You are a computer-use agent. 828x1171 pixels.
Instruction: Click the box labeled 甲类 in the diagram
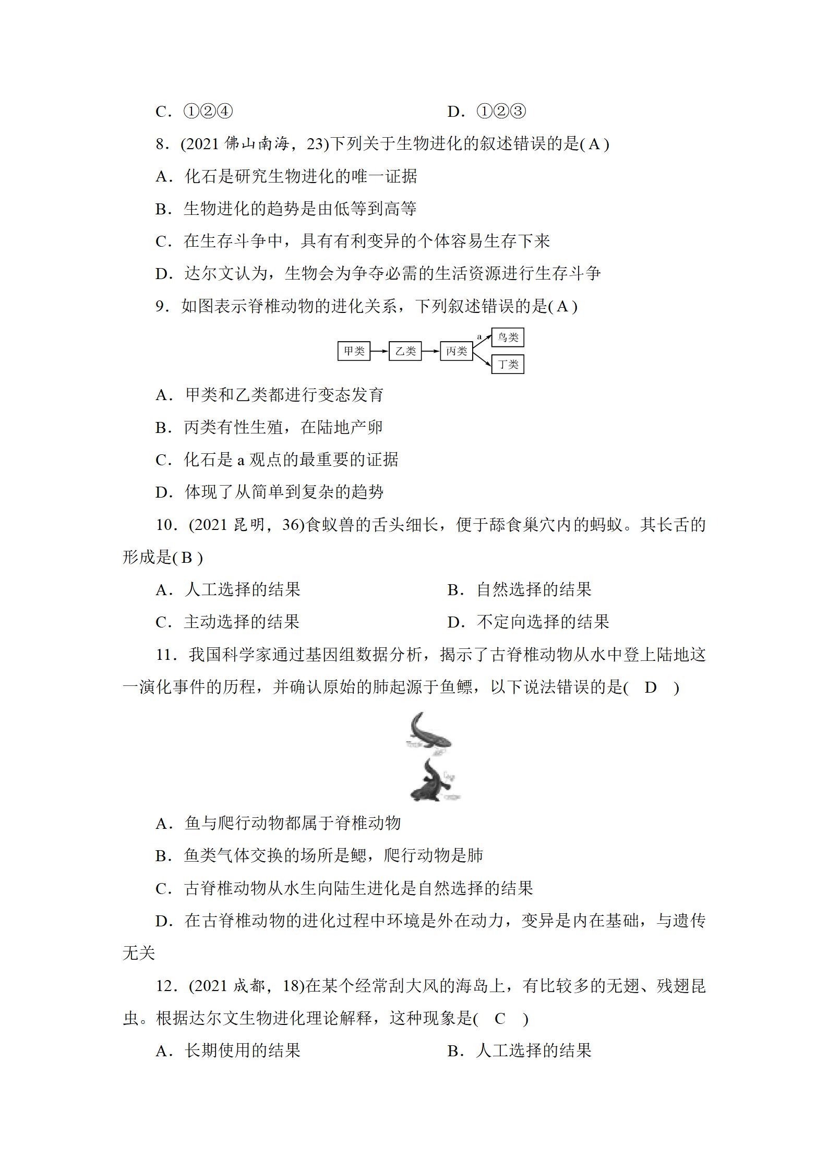click(x=354, y=351)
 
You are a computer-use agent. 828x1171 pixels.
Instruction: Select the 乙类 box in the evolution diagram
click(x=405, y=351)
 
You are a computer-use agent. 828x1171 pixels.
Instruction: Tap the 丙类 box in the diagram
click(x=456, y=351)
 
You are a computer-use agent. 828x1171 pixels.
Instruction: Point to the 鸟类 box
click(x=508, y=337)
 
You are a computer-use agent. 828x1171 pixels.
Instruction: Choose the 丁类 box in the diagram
click(x=508, y=364)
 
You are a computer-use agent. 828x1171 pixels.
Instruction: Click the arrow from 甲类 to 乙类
click(x=379, y=351)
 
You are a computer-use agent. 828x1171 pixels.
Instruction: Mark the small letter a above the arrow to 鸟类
click(x=479, y=336)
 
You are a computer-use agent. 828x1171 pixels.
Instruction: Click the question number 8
click(x=161, y=144)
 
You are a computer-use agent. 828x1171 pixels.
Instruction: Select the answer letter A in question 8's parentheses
click(x=594, y=144)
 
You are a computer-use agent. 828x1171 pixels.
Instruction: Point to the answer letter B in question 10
click(x=186, y=558)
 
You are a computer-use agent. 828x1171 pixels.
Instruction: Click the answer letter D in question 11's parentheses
click(x=650, y=687)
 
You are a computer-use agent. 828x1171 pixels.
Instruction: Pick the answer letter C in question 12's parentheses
click(x=500, y=1019)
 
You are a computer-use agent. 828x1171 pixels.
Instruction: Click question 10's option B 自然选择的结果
click(x=519, y=590)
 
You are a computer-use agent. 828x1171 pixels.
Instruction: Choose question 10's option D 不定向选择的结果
click(x=528, y=622)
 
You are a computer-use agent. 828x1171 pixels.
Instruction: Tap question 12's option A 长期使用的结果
click(x=228, y=1051)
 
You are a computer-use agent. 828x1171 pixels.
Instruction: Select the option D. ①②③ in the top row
click(x=487, y=112)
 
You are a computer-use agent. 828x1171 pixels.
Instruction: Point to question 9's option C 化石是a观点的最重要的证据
click(x=277, y=460)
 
